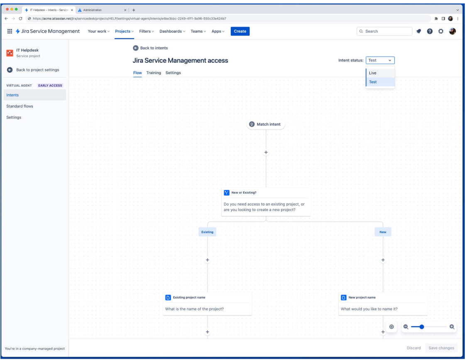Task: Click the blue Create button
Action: (x=240, y=31)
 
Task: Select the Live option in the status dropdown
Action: (x=373, y=73)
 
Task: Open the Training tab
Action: (x=154, y=73)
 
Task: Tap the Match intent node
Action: (x=266, y=124)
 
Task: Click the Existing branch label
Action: (x=207, y=232)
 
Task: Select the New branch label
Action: (x=383, y=232)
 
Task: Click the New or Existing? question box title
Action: (x=244, y=193)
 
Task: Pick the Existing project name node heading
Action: (x=189, y=297)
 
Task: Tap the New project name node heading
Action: (x=362, y=297)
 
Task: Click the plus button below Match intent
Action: (x=266, y=152)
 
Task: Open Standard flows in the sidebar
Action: (x=20, y=106)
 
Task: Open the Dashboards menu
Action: (x=172, y=31)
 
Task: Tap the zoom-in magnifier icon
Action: (x=452, y=327)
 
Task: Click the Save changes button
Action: (x=441, y=348)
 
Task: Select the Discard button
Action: (x=413, y=348)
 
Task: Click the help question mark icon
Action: (x=430, y=31)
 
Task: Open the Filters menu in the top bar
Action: (x=147, y=31)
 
